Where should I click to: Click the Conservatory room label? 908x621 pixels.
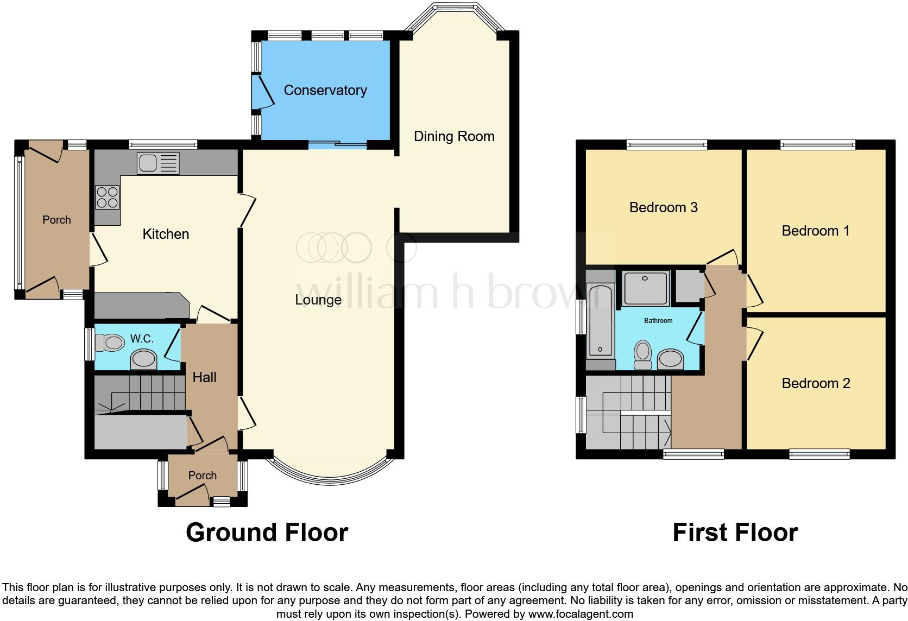[x=325, y=90]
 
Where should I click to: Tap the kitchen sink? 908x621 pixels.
[x=158, y=163]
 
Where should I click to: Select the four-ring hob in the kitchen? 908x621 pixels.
[x=108, y=197]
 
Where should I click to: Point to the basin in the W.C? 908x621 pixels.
[x=144, y=359]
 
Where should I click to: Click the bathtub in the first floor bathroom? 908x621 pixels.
[x=600, y=320]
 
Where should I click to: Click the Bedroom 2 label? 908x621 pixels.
[x=815, y=383]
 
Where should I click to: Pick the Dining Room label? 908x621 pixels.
[x=454, y=136]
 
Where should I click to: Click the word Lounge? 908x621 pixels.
[x=318, y=300]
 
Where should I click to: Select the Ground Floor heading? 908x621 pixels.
[x=267, y=533]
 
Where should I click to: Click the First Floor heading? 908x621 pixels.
[x=735, y=533]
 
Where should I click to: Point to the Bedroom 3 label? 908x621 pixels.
[x=663, y=207]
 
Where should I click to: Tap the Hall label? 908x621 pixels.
[x=204, y=377]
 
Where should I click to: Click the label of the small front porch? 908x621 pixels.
[x=202, y=476]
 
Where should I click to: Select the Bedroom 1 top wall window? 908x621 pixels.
[x=817, y=144]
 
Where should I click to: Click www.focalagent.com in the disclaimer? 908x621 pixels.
[x=581, y=614]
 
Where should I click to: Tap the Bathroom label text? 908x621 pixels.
[x=658, y=321]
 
